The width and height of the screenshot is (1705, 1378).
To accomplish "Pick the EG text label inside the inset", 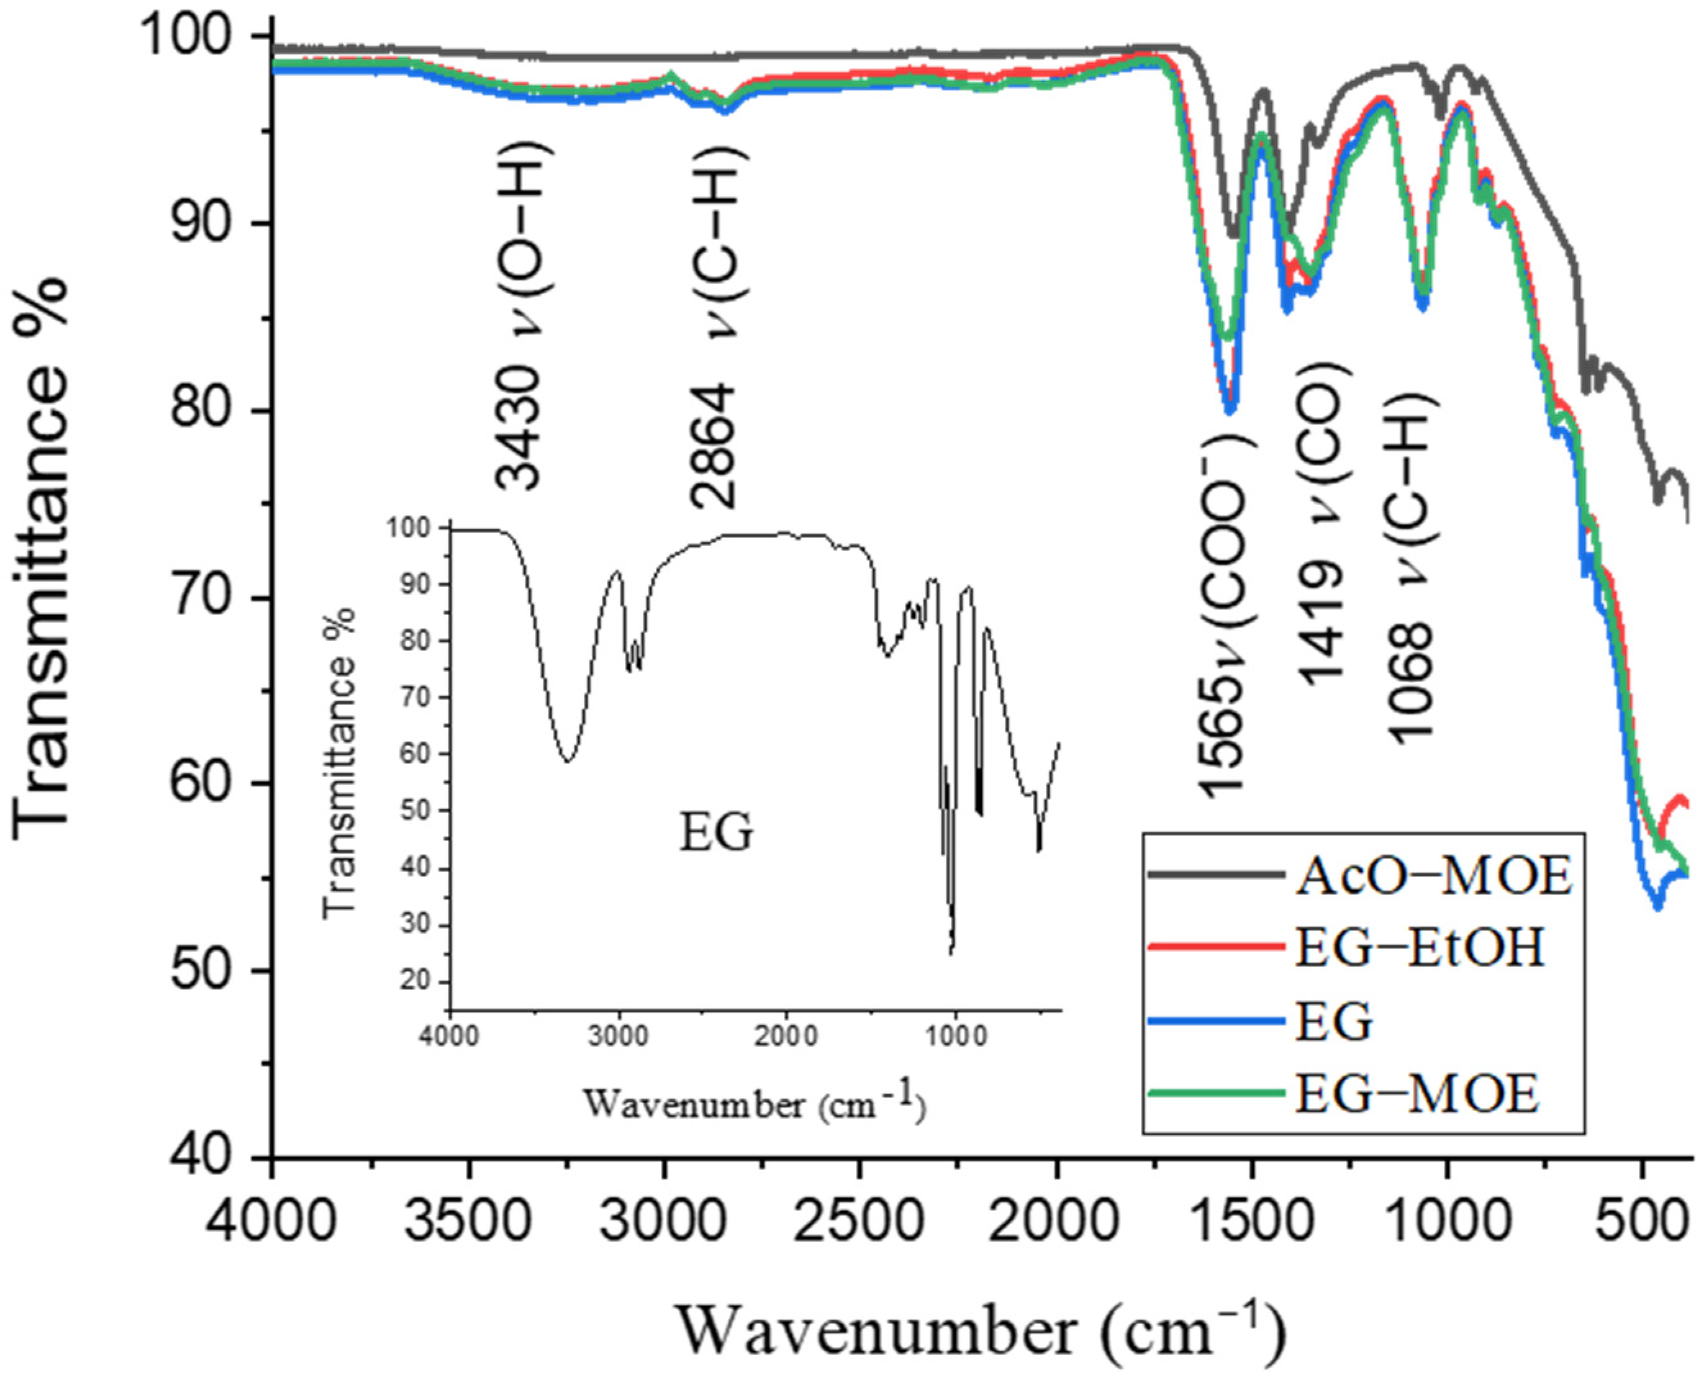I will click(716, 833).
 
